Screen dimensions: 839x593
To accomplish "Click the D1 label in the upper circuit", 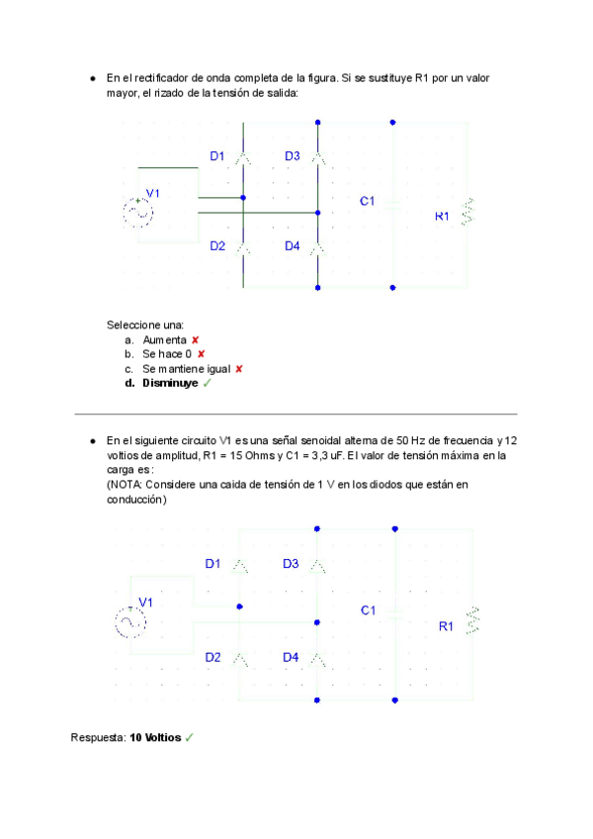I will point(217,156).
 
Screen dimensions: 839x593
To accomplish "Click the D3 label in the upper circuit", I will point(293,156).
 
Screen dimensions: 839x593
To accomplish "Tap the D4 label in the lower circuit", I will point(291,657).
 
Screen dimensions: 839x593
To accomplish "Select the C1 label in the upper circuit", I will point(368,201).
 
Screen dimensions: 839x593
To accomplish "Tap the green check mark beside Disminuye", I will point(208,383).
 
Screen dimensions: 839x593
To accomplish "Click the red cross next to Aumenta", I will point(196,339).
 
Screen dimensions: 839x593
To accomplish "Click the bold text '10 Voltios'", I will point(155,738).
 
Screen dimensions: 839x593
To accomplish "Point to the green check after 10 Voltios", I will point(189,738).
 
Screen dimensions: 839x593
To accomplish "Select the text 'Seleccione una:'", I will point(145,325).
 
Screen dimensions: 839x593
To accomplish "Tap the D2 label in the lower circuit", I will point(213,657).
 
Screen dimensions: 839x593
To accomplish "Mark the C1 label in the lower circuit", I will point(369,610).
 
